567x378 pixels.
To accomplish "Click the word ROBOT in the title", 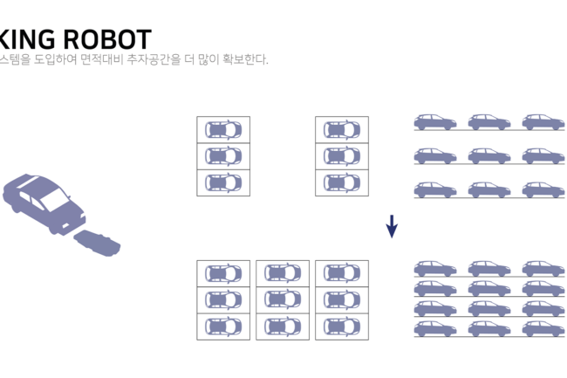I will pyautogui.click(x=108, y=39).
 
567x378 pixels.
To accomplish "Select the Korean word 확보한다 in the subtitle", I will pyautogui.click(x=244, y=60).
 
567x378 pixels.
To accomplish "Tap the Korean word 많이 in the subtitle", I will pyautogui.click(x=208, y=60).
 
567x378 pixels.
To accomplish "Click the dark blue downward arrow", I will pyautogui.click(x=392, y=226).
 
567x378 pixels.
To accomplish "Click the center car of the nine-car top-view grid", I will pyautogui.click(x=283, y=299).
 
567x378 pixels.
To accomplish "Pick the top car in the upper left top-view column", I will pyautogui.click(x=223, y=129).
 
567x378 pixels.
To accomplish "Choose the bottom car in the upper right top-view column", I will pyautogui.click(x=342, y=182).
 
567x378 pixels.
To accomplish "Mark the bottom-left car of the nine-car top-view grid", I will pyautogui.click(x=223, y=326).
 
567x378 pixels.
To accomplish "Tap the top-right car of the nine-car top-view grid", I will pyautogui.click(x=342, y=273).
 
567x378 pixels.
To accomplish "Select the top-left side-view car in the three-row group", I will pyautogui.click(x=434, y=122).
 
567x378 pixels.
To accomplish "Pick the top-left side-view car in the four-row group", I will pyautogui.click(x=434, y=268).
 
